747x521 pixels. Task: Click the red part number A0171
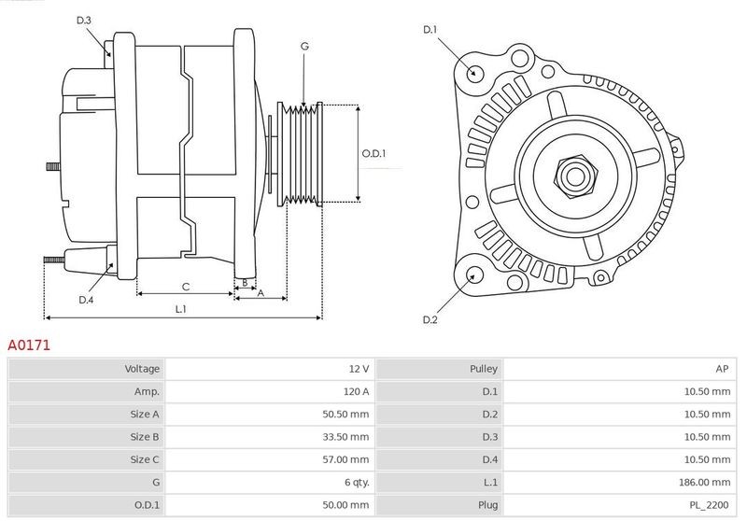pos(29,345)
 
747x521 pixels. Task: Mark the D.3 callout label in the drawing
pos(83,20)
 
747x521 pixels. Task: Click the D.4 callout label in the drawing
pos(86,300)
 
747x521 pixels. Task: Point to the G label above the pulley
pos(304,46)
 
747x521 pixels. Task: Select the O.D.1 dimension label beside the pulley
pos(373,154)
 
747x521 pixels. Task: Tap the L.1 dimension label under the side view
pos(181,309)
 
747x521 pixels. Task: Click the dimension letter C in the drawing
pos(186,287)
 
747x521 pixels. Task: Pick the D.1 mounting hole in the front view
pos(473,72)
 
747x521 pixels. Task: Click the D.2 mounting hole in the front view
pos(473,275)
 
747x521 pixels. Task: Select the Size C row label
pos(145,459)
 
